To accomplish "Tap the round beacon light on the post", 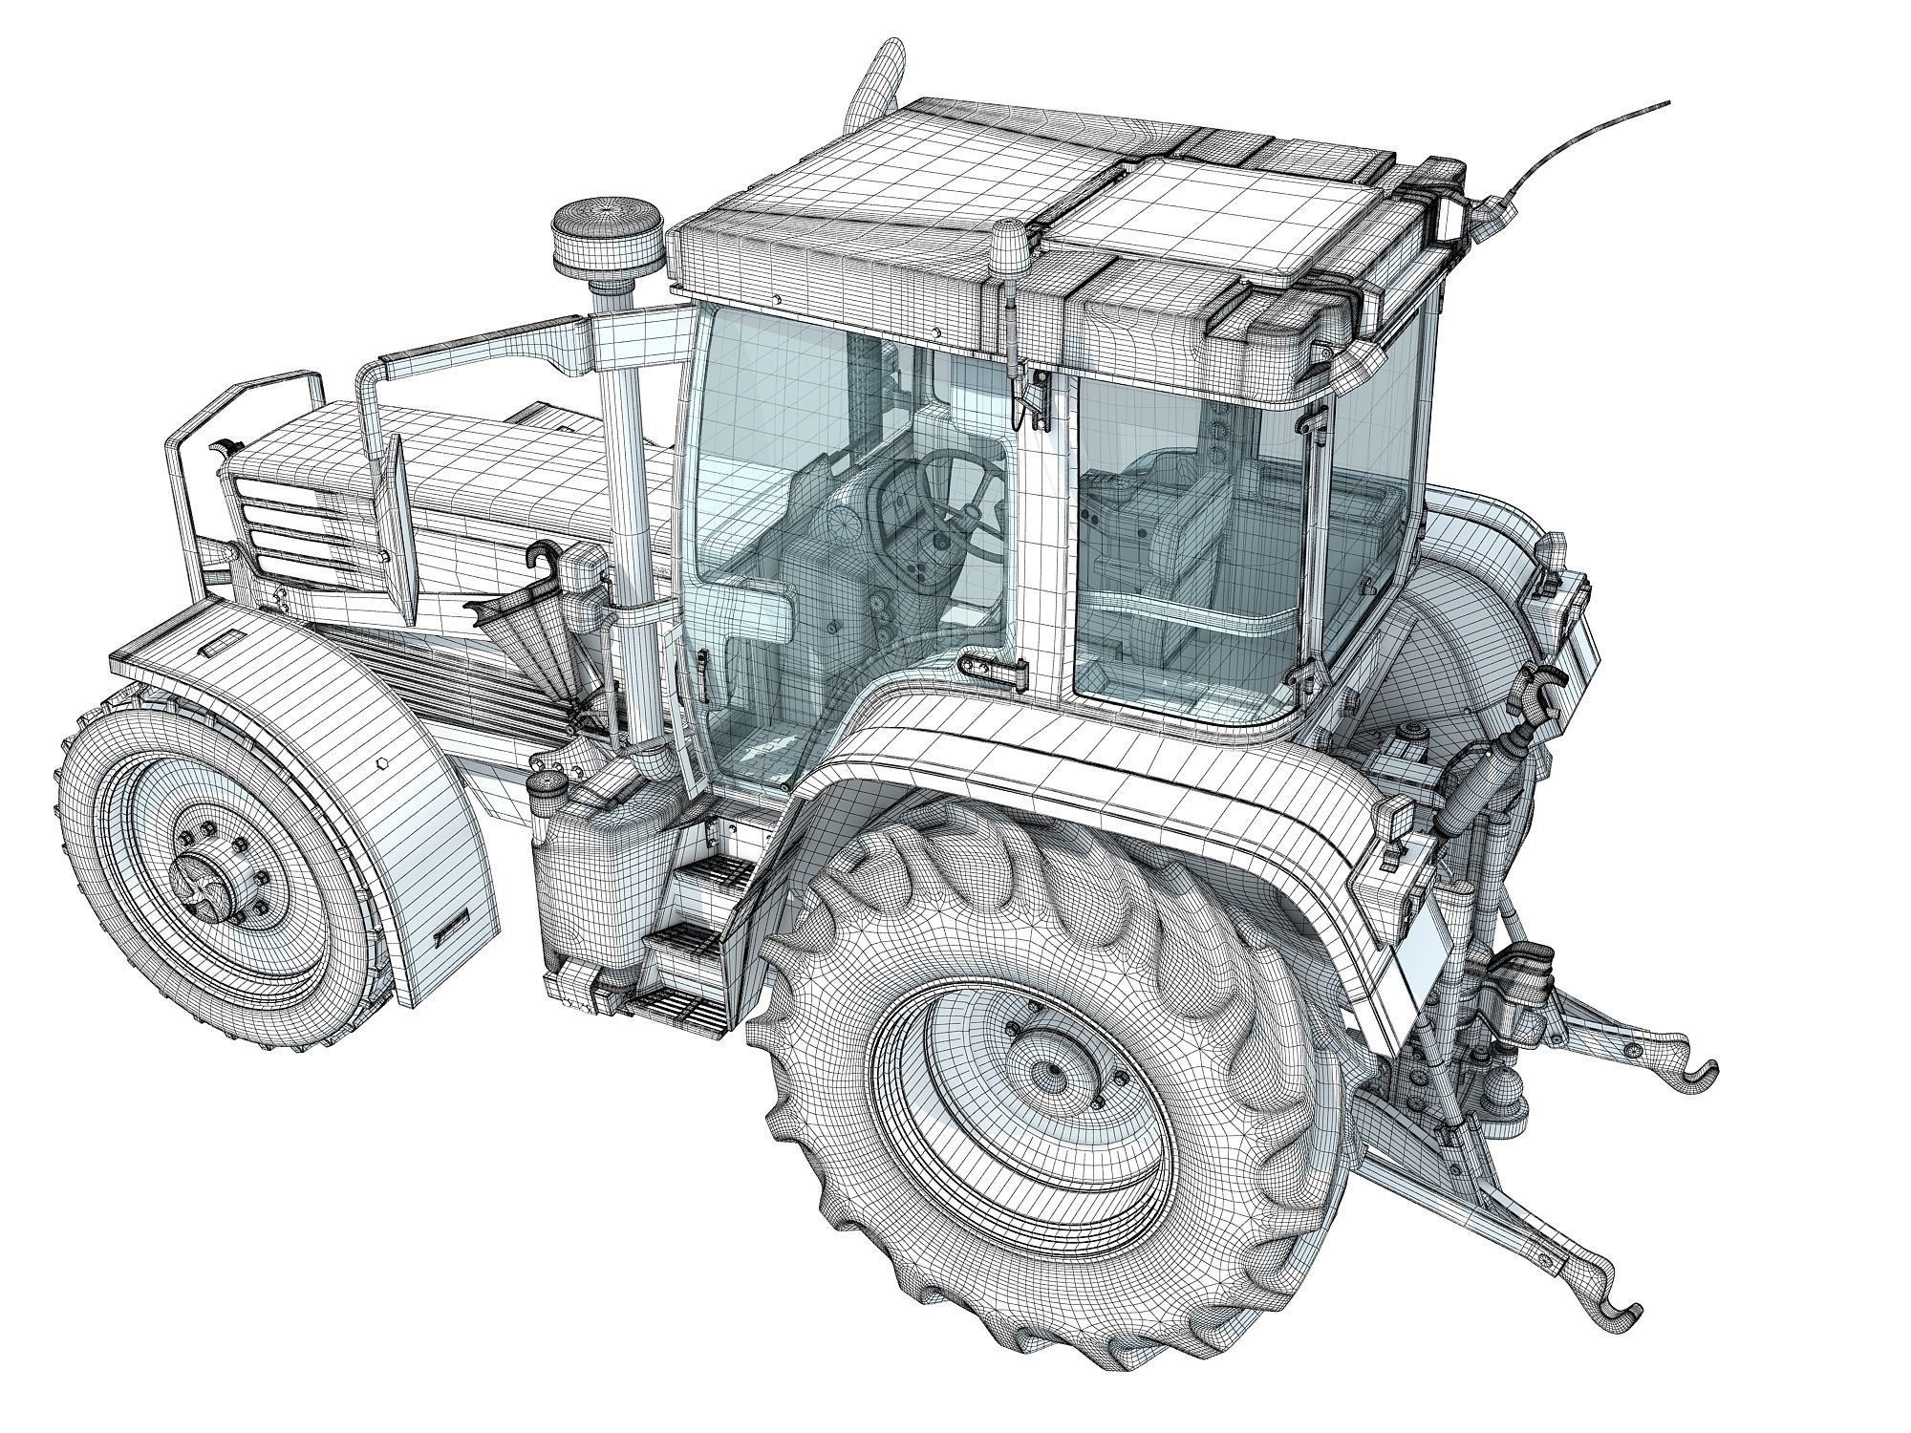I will (587, 233).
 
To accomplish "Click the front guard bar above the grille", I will (248, 401).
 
